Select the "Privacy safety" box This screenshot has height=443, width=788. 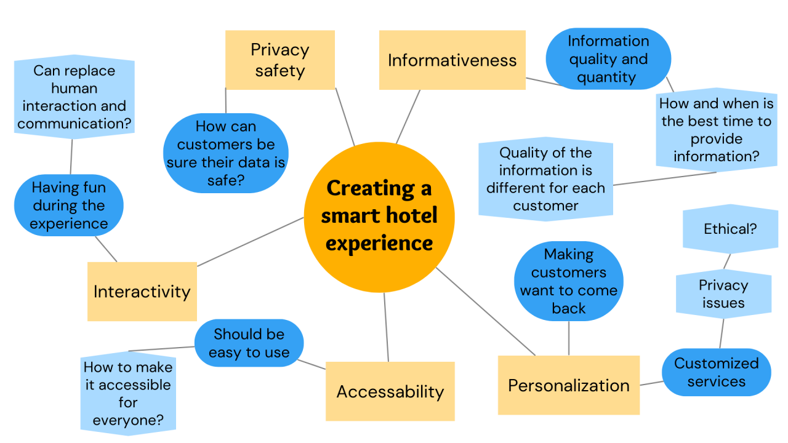279,60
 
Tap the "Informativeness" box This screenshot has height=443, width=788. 452,60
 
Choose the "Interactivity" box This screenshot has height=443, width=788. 142,291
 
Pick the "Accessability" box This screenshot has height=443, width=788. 390,391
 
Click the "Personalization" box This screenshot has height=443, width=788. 568,385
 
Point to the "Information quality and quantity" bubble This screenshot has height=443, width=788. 608,59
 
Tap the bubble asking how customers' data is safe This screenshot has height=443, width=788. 225,153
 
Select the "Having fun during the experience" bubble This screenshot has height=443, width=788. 68,206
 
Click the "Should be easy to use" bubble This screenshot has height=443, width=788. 249,343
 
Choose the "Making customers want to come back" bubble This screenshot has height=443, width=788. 568,281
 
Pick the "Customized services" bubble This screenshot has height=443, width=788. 716,372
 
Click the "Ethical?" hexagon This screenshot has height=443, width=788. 730,229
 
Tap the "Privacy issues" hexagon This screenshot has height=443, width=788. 723,293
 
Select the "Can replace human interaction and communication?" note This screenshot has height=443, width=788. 74,97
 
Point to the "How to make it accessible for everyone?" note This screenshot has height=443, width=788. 127,394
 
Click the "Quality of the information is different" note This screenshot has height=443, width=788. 545,178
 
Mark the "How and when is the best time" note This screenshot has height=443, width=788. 716,130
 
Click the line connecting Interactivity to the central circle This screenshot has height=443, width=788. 250,242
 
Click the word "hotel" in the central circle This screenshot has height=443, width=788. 408,215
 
